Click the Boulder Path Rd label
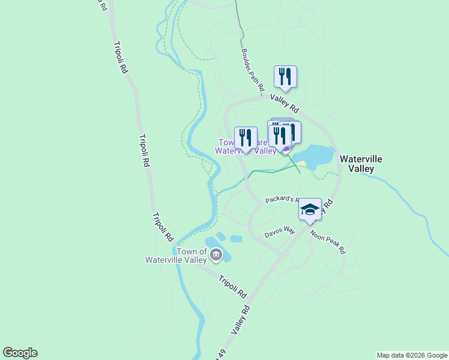point(253,70)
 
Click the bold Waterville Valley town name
point(361,164)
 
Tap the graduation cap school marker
point(310,209)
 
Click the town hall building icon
point(215,256)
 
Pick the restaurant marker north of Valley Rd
point(285,76)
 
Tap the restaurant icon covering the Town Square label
point(245,137)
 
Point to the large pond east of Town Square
point(315,155)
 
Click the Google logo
point(20,353)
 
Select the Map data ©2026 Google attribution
point(412,355)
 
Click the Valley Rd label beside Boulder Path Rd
point(284,103)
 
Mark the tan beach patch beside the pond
point(301,164)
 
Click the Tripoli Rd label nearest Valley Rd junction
point(232,287)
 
